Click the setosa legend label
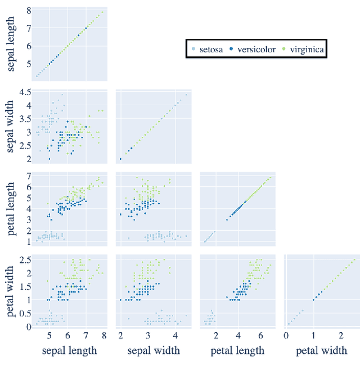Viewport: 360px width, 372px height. coord(210,50)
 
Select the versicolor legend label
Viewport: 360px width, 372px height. coord(256,50)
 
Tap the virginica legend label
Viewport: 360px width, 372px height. coord(307,50)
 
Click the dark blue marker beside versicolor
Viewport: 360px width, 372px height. coord(233,50)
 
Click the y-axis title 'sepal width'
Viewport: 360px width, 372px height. coord(11,126)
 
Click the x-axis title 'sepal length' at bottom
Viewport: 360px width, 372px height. coord(70,351)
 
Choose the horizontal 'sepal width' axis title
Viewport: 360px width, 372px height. coord(153,351)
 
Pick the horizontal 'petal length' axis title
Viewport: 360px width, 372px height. coord(237,351)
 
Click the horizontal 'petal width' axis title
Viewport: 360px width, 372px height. coord(321,351)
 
